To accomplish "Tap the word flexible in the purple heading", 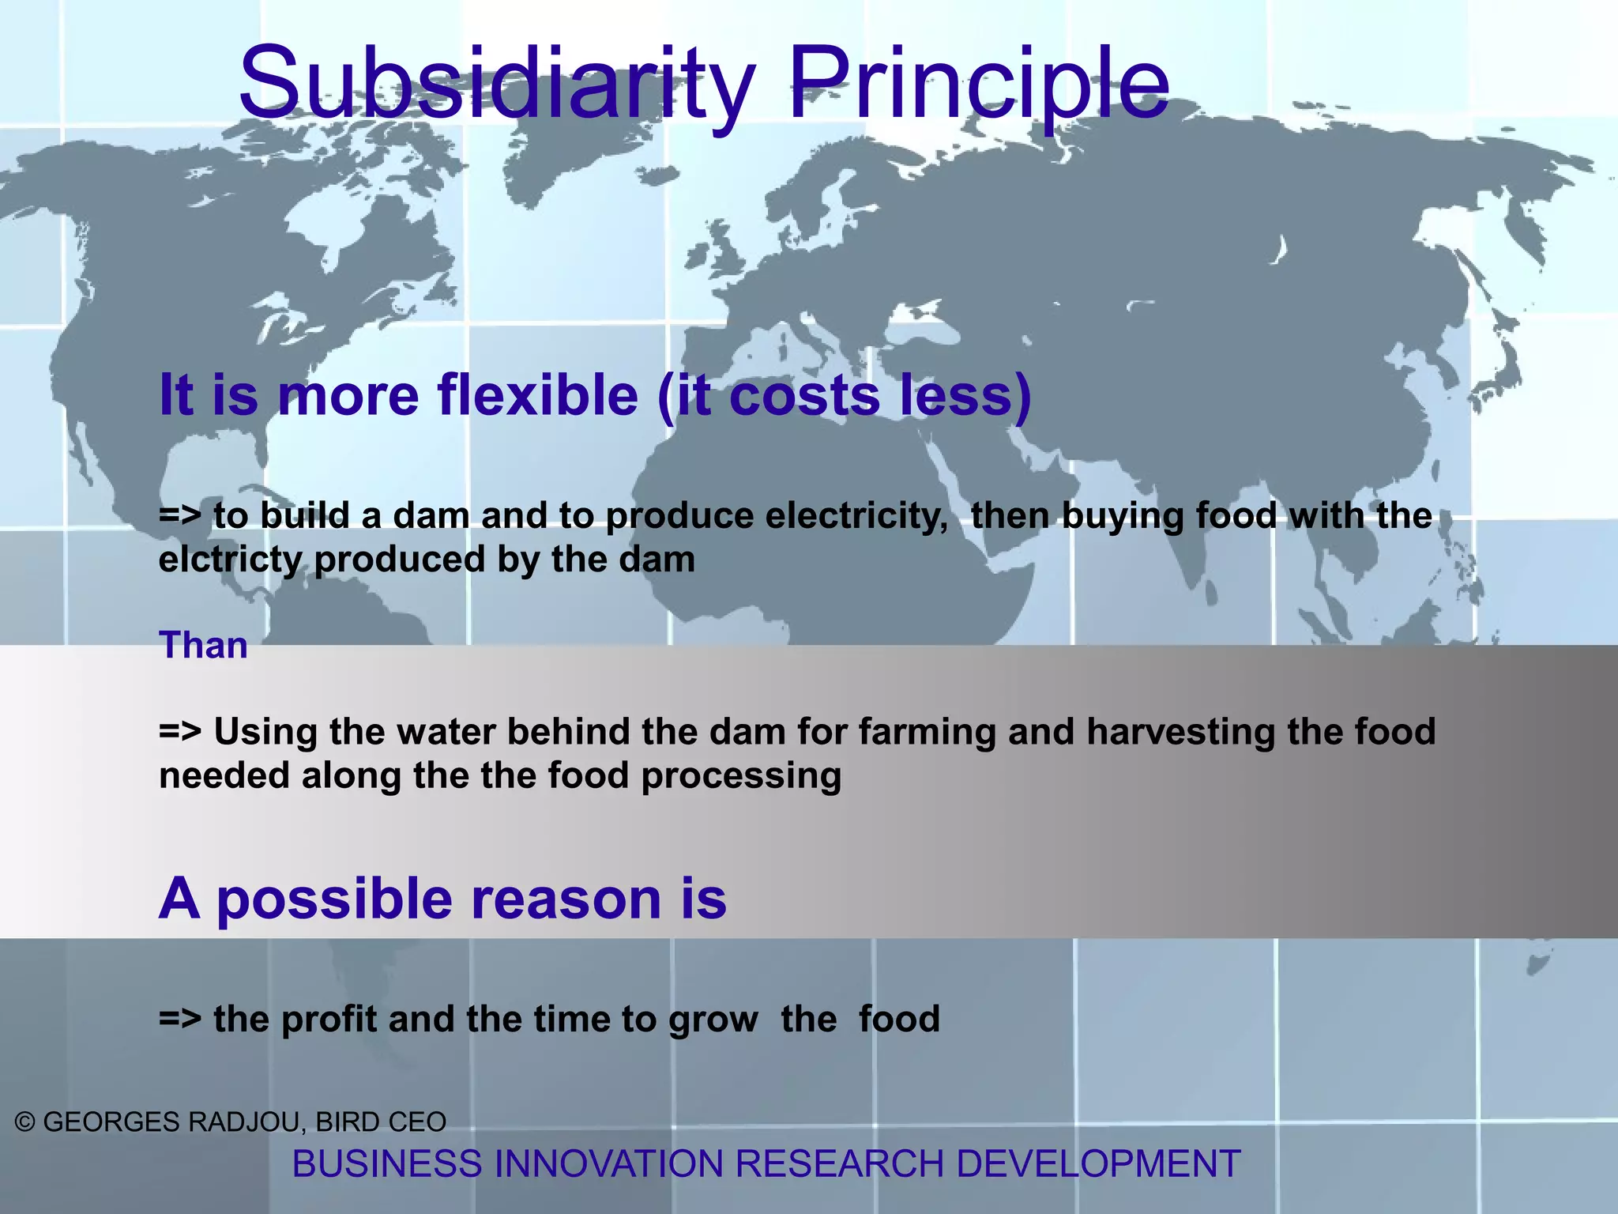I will [x=537, y=394].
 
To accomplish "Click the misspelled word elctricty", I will [x=230, y=560].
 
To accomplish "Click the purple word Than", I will [x=203, y=646].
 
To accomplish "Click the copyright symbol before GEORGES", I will [x=25, y=1122].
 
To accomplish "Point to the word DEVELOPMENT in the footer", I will [x=1097, y=1164].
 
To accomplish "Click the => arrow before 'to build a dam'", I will [x=179, y=516].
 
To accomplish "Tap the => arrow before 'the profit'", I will [x=179, y=1019].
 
